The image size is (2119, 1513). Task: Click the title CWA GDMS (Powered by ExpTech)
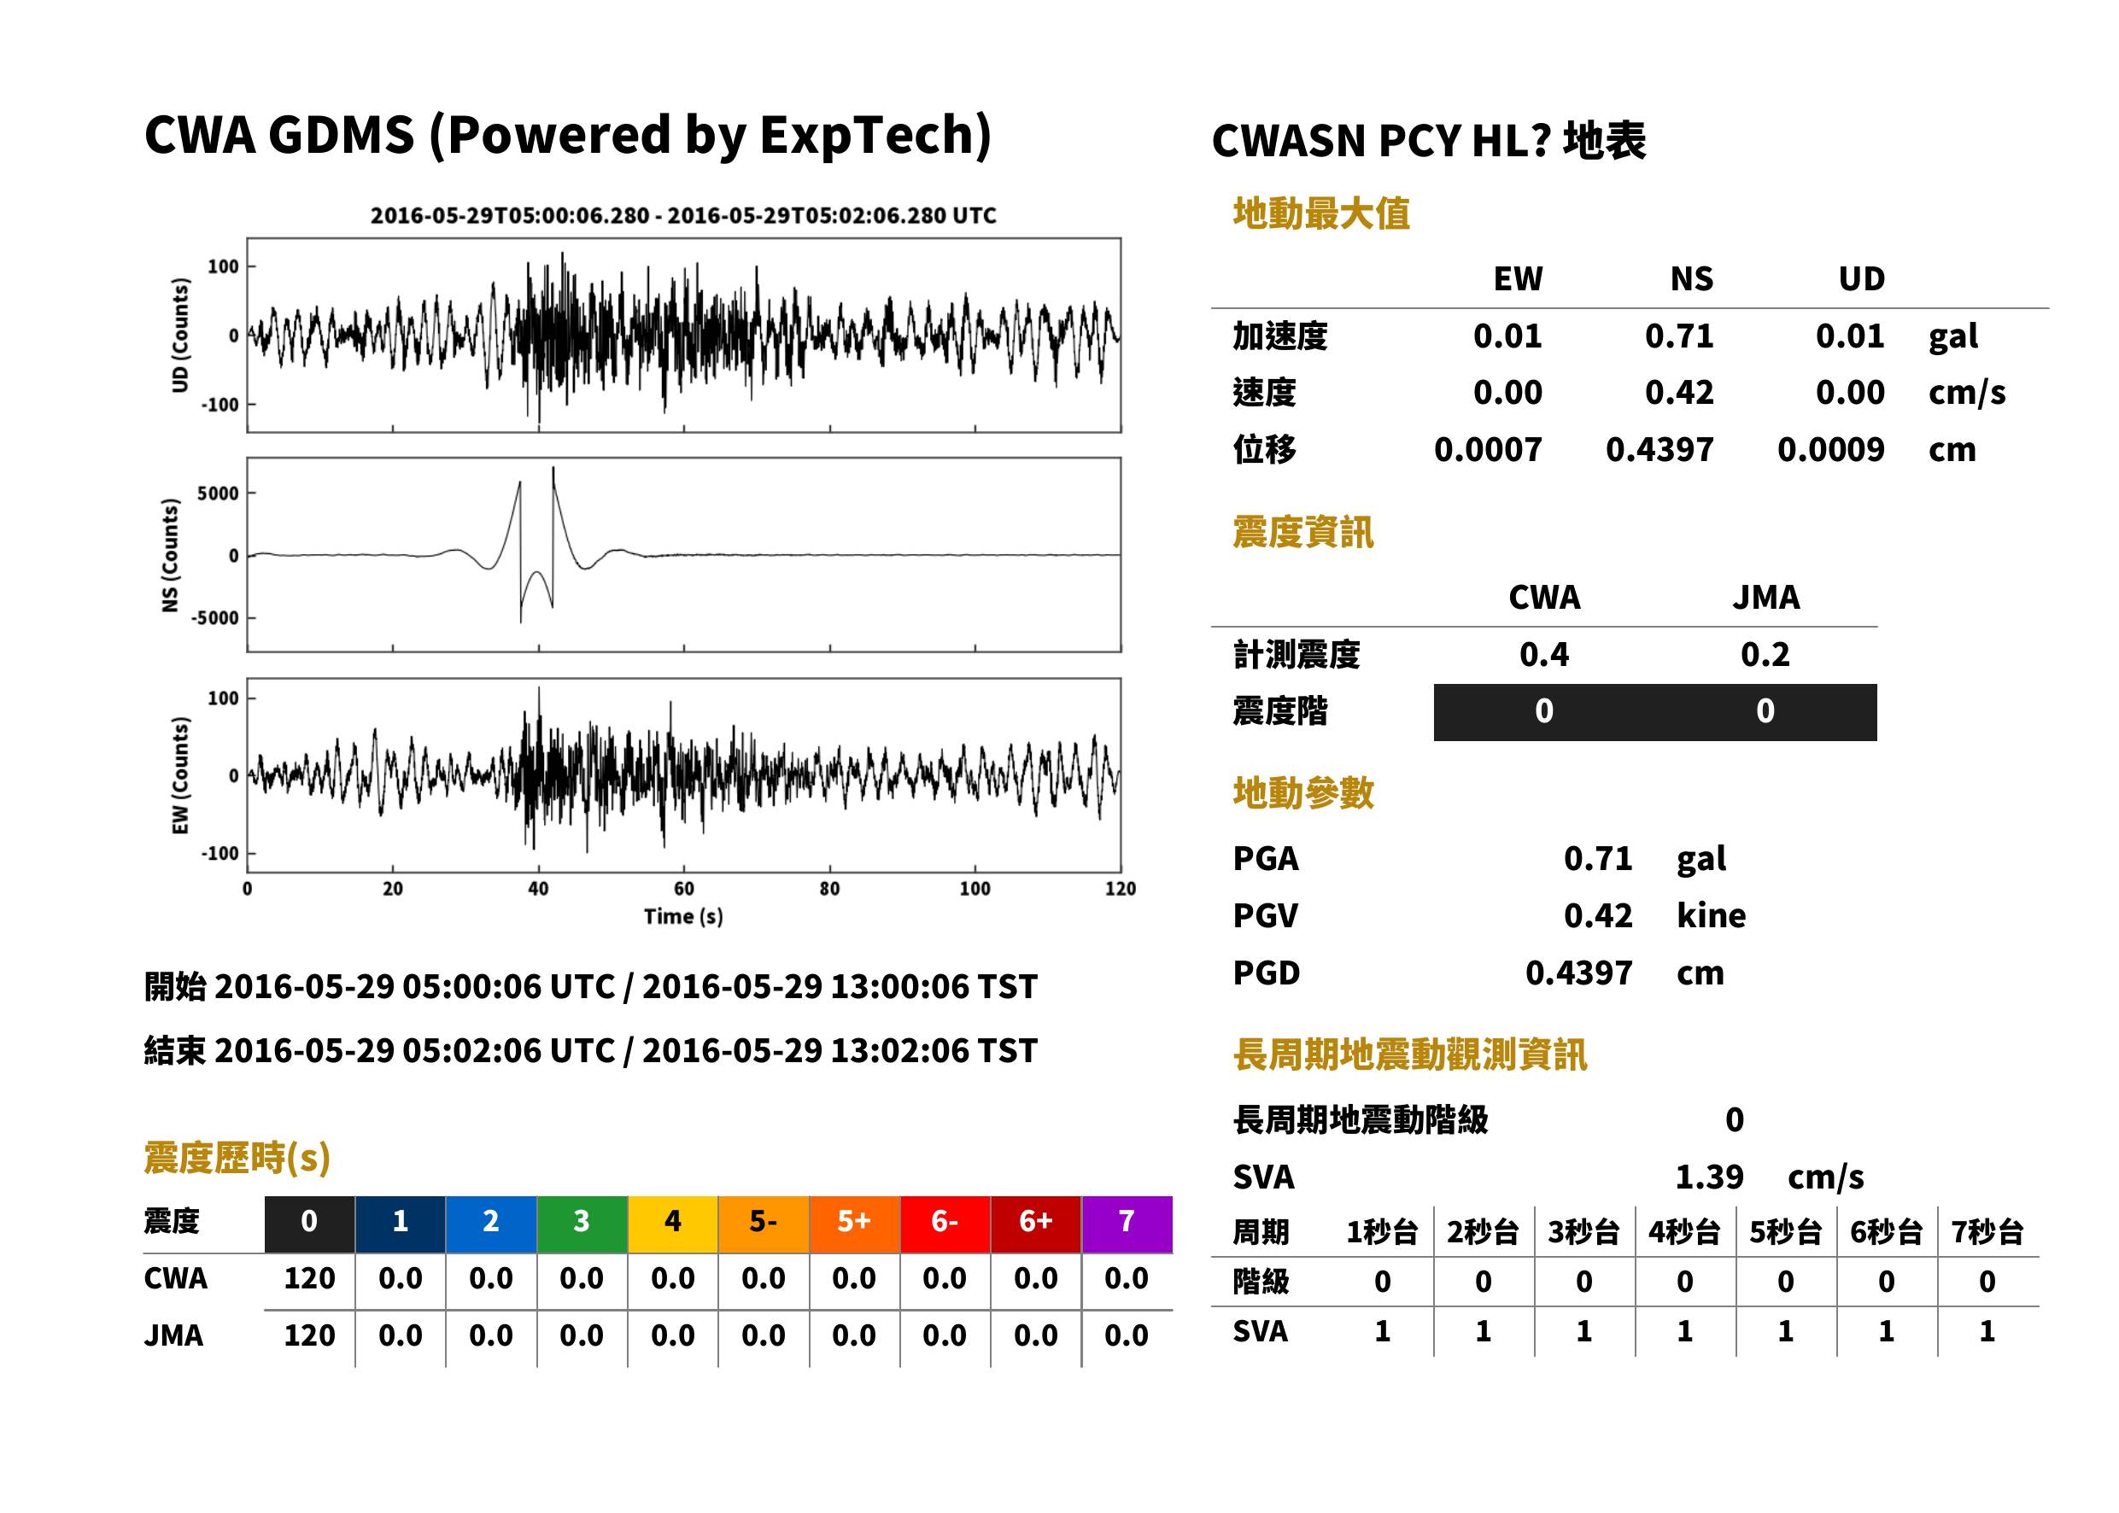567,136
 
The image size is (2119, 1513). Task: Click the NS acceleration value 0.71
1678,336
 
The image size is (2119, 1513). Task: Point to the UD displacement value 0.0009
1830,450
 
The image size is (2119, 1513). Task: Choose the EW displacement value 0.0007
1487,450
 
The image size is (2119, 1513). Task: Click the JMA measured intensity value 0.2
1765,655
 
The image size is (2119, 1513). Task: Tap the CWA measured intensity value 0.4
1544,655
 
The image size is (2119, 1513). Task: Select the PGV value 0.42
1598,916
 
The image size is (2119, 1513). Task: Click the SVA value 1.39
1709,1177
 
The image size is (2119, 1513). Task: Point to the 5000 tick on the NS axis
218,494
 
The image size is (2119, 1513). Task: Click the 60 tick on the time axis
684,889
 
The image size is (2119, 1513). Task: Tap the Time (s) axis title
683,917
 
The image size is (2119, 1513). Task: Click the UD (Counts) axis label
180,336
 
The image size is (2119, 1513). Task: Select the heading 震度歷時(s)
237,1158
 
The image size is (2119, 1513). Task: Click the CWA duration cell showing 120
309,1279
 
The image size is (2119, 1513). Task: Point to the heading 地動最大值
1321,213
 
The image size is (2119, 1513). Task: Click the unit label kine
1711,916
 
